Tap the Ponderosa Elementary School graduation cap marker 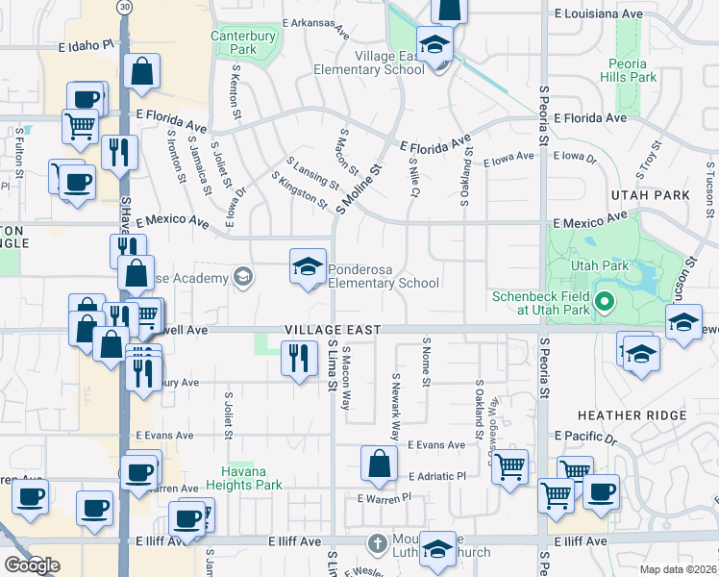click(308, 267)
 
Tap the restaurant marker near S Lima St click(299, 360)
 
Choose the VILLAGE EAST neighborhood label click(333, 330)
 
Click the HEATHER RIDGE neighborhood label click(632, 415)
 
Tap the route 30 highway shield click(125, 8)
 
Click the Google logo click(32, 565)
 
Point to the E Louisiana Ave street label click(599, 15)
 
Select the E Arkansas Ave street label click(322, 23)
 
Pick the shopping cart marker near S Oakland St click(509, 466)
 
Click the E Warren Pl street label click(384, 498)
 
